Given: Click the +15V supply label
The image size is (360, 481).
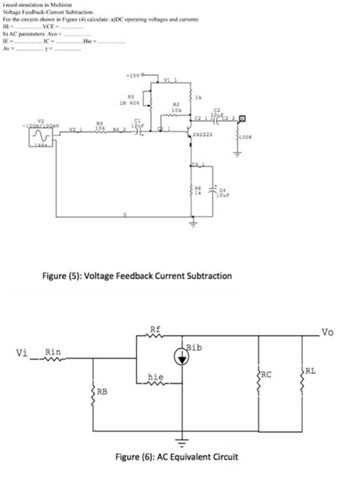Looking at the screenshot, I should pyautogui.click(x=132, y=77).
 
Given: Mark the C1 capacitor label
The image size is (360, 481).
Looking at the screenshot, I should pyautogui.click(x=137, y=119).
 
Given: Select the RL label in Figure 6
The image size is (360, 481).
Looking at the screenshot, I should pyautogui.click(x=311, y=370).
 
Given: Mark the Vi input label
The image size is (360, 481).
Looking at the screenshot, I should pyautogui.click(x=23, y=352).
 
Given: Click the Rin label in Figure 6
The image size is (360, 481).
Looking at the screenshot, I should pyautogui.click(x=53, y=351).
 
